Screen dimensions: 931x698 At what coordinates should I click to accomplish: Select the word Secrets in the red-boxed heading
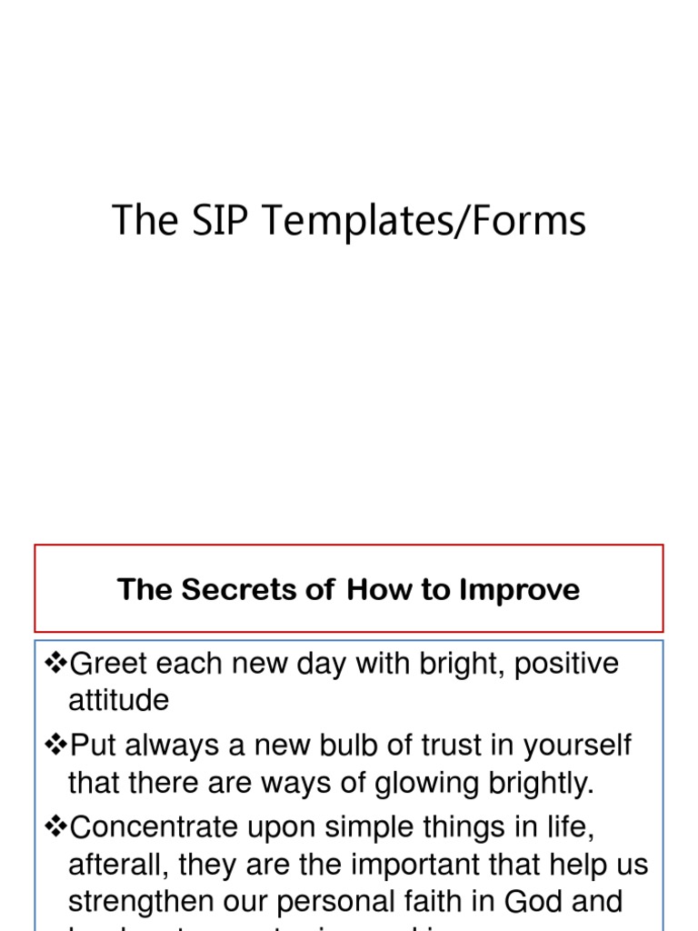click(x=232, y=590)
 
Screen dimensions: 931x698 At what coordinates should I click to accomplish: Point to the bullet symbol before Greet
click(x=55, y=664)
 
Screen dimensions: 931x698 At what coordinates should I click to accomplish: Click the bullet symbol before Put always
click(x=55, y=746)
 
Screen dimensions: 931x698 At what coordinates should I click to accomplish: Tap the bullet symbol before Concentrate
click(x=55, y=827)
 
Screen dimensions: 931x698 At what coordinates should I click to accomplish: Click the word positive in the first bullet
click(x=566, y=665)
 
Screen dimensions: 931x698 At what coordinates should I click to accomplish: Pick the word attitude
click(x=118, y=700)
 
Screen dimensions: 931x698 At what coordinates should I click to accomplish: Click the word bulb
click(x=364, y=746)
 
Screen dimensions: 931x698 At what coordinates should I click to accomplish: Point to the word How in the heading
click(x=374, y=590)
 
